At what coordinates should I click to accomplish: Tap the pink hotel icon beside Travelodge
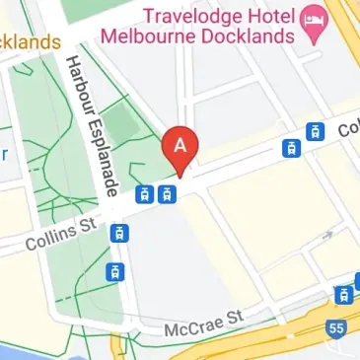317,17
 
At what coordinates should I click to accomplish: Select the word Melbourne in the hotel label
163,36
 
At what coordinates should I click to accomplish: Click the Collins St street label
60,236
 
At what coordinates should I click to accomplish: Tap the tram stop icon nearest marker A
169,192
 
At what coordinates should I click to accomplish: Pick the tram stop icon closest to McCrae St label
115,271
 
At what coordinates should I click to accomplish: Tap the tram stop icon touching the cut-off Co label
314,131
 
